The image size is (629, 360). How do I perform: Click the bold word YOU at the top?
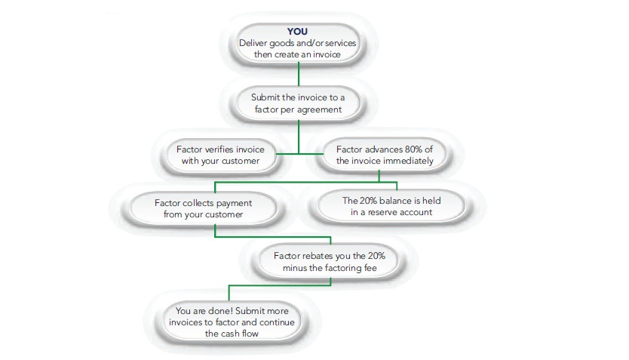[298, 32]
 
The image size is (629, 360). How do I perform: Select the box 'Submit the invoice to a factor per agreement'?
[298, 103]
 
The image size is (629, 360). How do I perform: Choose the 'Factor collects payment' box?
[203, 208]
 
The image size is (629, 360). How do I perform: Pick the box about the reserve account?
[391, 206]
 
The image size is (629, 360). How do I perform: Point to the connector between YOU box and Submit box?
[299, 74]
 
